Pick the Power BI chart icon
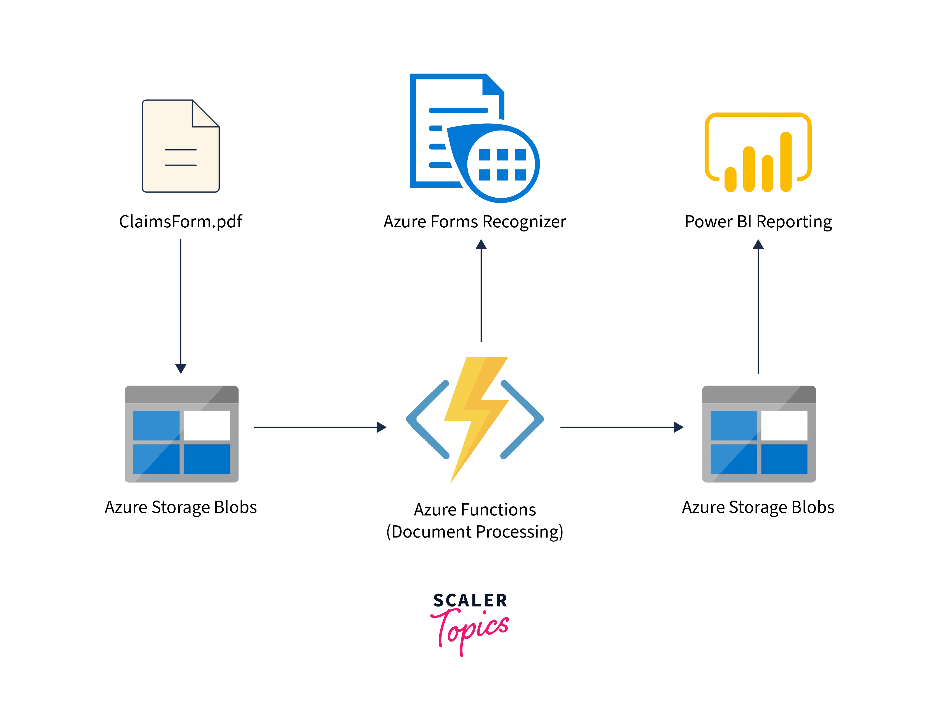pyautogui.click(x=758, y=152)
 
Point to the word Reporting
pyautogui.click(x=794, y=222)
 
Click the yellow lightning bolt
pyautogui.click(x=476, y=418)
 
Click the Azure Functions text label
pyautogui.click(x=475, y=510)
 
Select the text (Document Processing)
pyautogui.click(x=475, y=532)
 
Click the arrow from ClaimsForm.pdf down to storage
pyautogui.click(x=181, y=305)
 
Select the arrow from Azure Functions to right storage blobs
pyautogui.click(x=621, y=427)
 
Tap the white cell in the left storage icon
pyautogui.click(x=207, y=425)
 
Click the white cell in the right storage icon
pyautogui.click(x=784, y=425)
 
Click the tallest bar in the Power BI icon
pyautogui.click(x=786, y=161)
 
